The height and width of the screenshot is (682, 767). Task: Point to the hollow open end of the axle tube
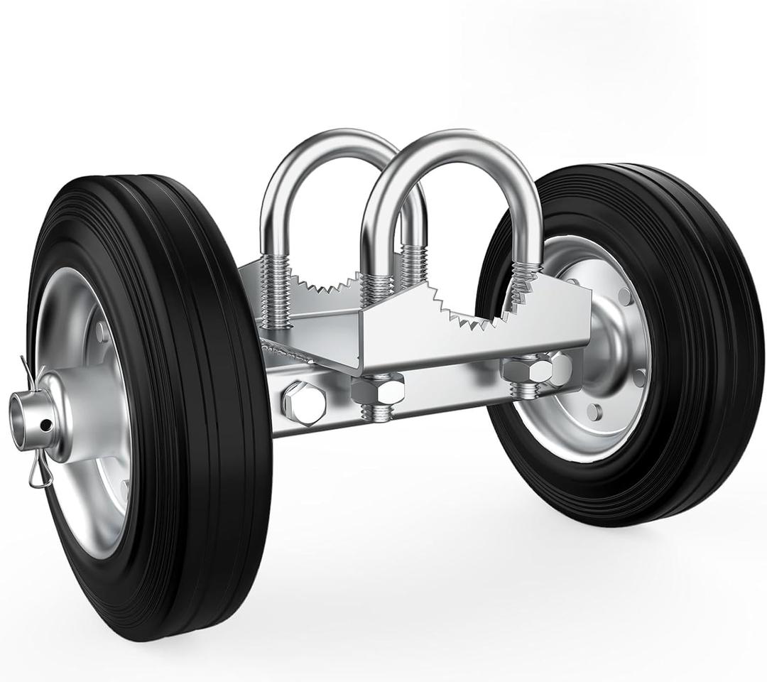(x=21, y=411)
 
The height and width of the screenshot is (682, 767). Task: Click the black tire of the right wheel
(x=703, y=355)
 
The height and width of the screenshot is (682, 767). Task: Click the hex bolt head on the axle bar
(x=304, y=403)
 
